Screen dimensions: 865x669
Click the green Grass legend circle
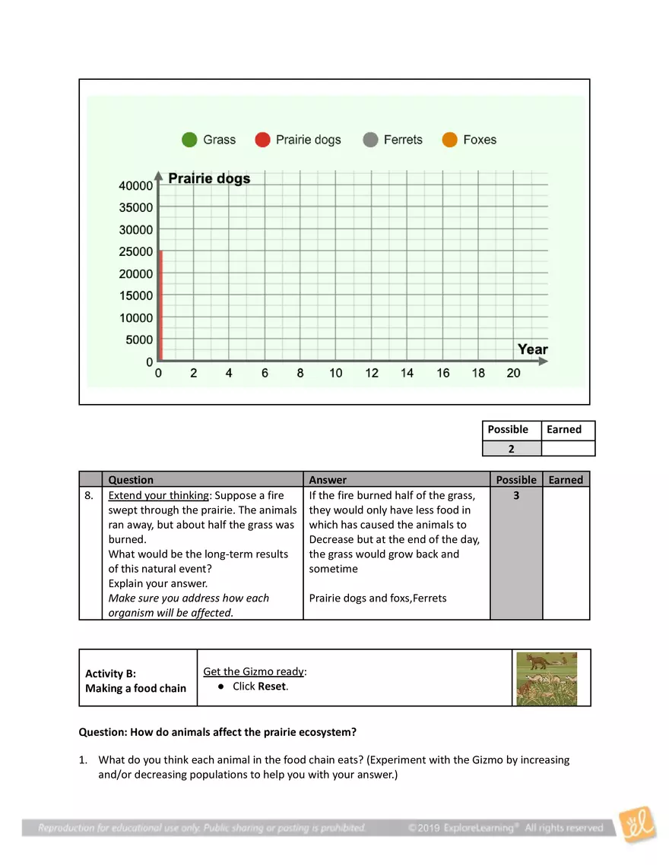tap(189, 140)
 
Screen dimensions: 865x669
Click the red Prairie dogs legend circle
tap(262, 140)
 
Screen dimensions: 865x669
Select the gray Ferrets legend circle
tap(370, 140)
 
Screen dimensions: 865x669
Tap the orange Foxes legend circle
tap(449, 140)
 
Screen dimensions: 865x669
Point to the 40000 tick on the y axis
tap(136, 185)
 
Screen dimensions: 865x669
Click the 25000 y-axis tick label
tap(136, 251)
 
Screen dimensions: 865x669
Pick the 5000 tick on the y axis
tap(139, 339)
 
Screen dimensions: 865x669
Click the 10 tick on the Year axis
tap(335, 373)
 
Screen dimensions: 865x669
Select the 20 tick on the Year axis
tap(513, 373)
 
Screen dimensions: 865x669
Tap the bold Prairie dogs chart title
tap(208, 178)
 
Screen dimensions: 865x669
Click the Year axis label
tap(532, 349)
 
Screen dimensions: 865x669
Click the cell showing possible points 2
tap(511, 449)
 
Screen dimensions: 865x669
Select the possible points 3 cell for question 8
tap(516, 495)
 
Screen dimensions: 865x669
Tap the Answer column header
tap(328, 480)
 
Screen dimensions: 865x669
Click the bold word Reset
tap(272, 687)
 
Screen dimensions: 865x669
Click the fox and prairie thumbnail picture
tap(546, 678)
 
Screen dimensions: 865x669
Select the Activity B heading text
tap(110, 674)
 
